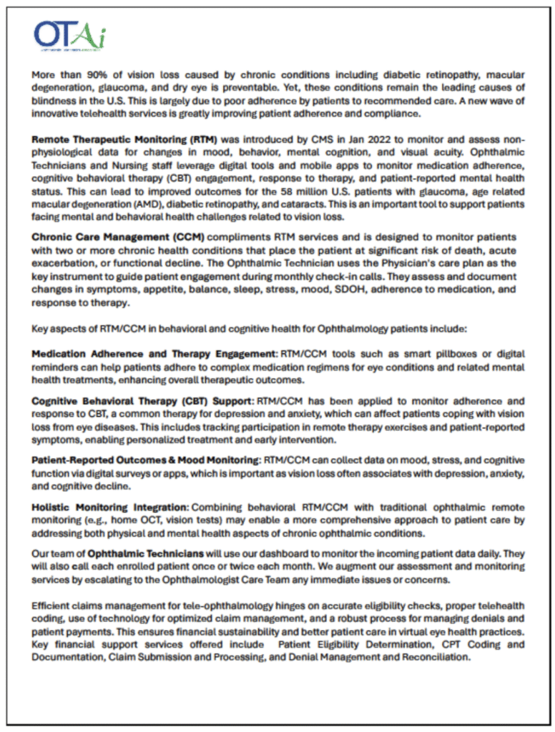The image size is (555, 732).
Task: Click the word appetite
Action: point(147,291)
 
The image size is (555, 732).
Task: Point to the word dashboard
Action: point(272,553)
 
